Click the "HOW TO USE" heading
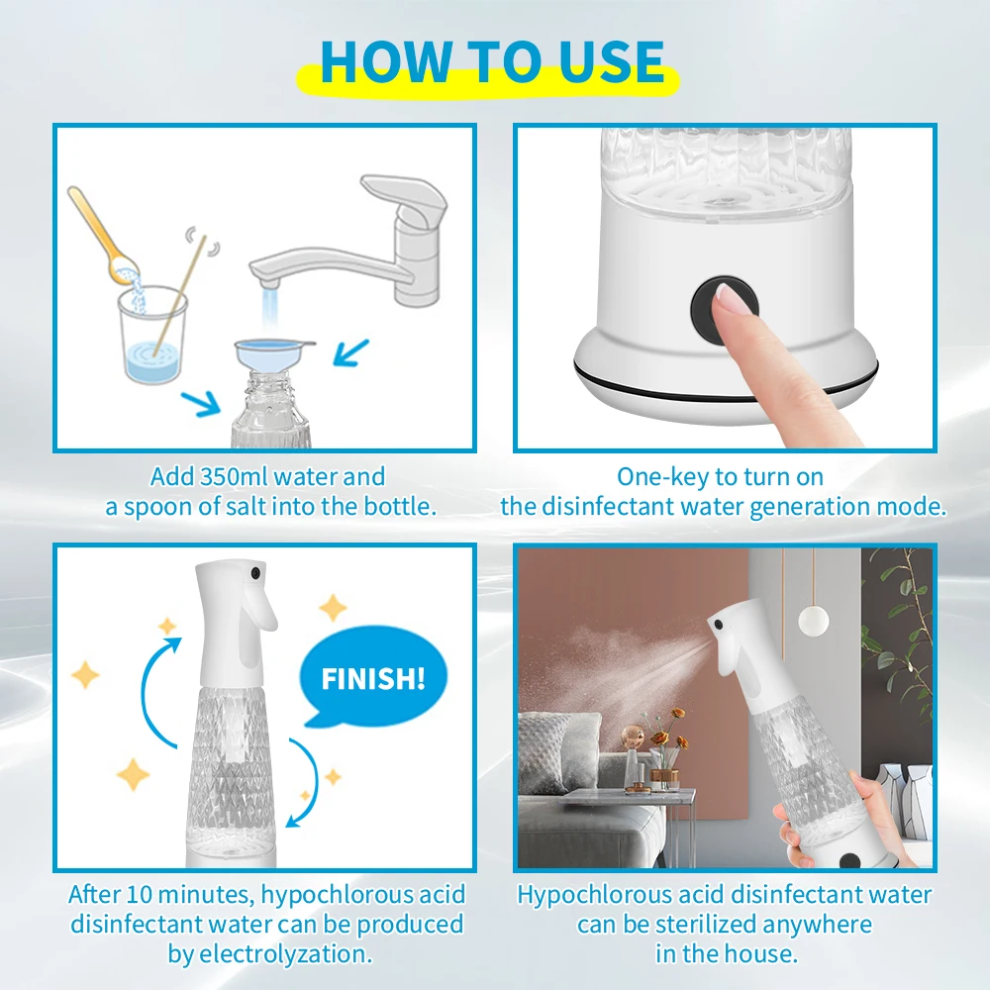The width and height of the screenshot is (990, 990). coord(492,61)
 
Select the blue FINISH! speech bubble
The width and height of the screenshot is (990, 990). coord(372,677)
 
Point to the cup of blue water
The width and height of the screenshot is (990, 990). coord(152,335)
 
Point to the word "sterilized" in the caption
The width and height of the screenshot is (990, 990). coord(706,925)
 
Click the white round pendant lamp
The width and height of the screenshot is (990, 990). coord(813,620)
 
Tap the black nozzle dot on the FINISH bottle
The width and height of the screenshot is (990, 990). coord(255,573)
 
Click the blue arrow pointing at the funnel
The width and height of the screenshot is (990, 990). coord(351,353)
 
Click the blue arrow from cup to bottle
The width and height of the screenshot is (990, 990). coord(200,403)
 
